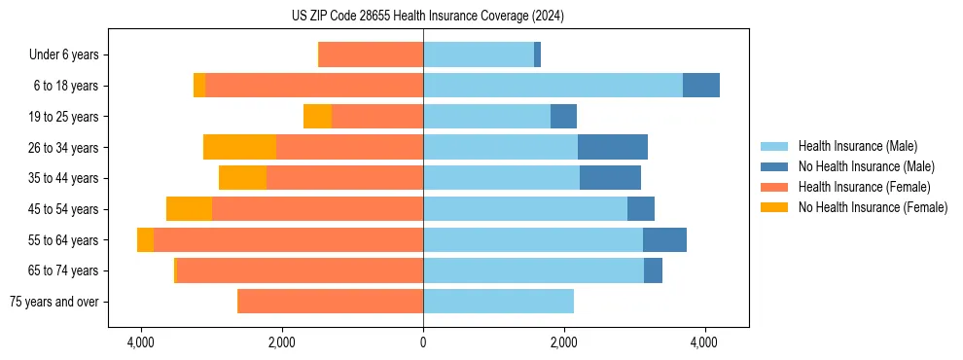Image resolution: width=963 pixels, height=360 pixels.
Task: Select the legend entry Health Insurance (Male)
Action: tap(857, 146)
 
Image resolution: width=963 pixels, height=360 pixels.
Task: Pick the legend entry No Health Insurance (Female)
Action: tap(873, 207)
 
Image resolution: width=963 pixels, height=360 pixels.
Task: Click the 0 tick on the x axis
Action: tap(423, 342)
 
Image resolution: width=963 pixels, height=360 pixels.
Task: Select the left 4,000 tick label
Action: tap(141, 342)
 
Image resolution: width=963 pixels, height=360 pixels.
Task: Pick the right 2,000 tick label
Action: tap(564, 342)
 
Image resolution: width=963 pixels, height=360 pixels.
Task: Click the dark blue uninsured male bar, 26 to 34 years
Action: tap(613, 147)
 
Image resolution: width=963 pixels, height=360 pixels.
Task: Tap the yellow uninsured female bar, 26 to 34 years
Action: tap(239, 147)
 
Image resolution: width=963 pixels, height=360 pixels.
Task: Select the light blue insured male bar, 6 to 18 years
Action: tap(553, 86)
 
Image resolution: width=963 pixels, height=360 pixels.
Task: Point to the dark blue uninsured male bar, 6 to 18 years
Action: tap(701, 86)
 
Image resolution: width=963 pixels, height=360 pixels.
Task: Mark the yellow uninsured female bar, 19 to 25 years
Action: tap(317, 117)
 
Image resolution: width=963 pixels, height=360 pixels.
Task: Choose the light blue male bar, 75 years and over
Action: tap(498, 302)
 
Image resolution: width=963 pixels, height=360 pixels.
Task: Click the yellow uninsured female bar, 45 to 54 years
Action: tap(189, 209)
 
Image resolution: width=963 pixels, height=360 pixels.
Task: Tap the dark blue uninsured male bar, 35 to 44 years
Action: tap(610, 178)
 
